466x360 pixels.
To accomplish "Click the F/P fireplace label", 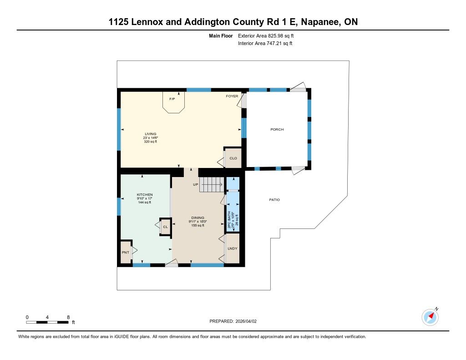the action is point(172,99).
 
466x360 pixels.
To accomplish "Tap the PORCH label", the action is point(277,129).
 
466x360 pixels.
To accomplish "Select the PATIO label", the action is point(274,200).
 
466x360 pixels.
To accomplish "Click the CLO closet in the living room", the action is point(233,158).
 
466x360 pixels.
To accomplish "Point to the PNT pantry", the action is point(126,252).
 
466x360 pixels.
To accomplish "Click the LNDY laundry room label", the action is point(233,248).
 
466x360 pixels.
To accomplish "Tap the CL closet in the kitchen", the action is point(165,227).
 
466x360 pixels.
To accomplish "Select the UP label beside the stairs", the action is point(196,185).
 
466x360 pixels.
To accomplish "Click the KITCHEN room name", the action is point(145,195).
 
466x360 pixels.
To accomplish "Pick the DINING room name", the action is point(198,218).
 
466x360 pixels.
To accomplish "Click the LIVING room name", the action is point(150,134).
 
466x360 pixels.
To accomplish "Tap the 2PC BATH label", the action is point(229,220).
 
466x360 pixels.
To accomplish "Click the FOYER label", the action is point(232,96).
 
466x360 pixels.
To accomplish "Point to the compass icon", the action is point(430,317).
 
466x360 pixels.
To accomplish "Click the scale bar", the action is point(47,322).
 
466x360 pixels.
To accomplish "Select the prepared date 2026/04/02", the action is point(246,321).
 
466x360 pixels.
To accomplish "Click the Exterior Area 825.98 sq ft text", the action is point(266,35).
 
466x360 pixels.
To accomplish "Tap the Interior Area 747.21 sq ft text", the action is point(265,43).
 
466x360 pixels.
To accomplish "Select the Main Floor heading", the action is point(221,35).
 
